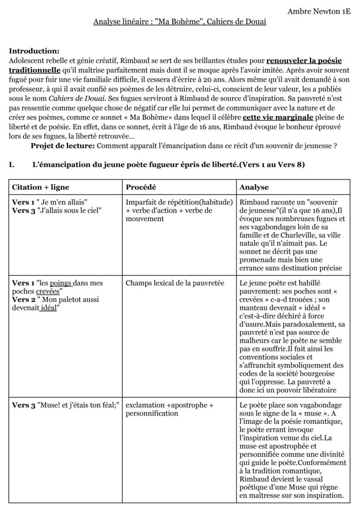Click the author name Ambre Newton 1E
[319, 11]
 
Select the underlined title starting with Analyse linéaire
[180, 22]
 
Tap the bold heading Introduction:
[34, 51]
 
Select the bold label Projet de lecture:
[63, 146]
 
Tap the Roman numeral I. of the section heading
[12, 165]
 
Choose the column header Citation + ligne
[40, 187]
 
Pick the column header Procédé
[141, 187]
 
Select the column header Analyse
[254, 187]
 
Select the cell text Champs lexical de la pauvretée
[175, 283]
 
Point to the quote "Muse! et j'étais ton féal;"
[79, 405]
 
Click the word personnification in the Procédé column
[152, 413]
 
